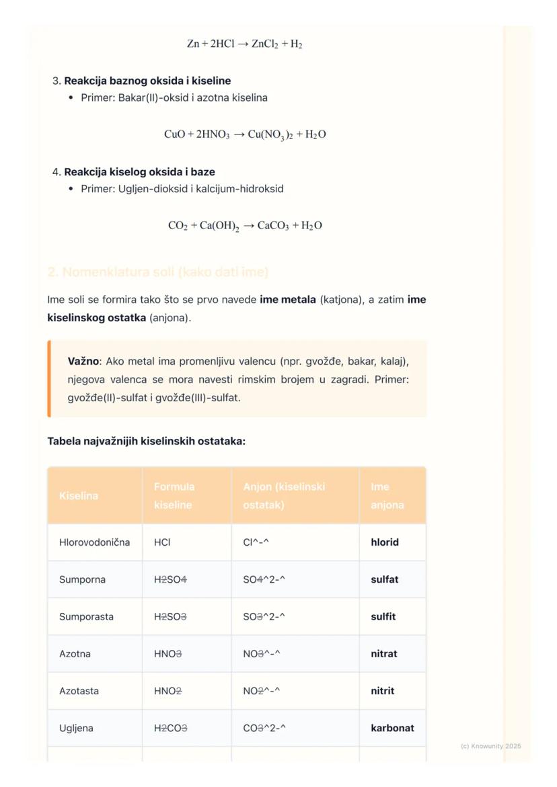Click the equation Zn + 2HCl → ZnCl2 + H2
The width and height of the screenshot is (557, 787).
[244, 44]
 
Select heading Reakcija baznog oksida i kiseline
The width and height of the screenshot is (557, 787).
[147, 81]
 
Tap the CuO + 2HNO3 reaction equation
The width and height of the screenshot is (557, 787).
[245, 134]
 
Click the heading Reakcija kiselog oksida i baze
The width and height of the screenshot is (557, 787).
[139, 171]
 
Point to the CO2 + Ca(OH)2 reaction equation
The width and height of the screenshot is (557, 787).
[245, 226]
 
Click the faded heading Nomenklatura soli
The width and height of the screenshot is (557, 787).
[158, 272]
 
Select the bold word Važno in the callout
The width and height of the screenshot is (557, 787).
[83, 361]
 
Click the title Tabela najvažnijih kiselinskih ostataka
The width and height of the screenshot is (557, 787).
[146, 442]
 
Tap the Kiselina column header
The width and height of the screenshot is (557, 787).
[79, 496]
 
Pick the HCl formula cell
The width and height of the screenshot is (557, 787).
[162, 542]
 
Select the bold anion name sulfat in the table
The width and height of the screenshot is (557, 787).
[385, 579]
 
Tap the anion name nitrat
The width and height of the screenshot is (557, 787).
[384, 654]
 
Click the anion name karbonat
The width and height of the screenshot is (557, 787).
[392, 728]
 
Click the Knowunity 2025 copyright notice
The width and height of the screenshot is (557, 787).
[490, 746]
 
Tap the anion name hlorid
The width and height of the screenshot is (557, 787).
[385, 542]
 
